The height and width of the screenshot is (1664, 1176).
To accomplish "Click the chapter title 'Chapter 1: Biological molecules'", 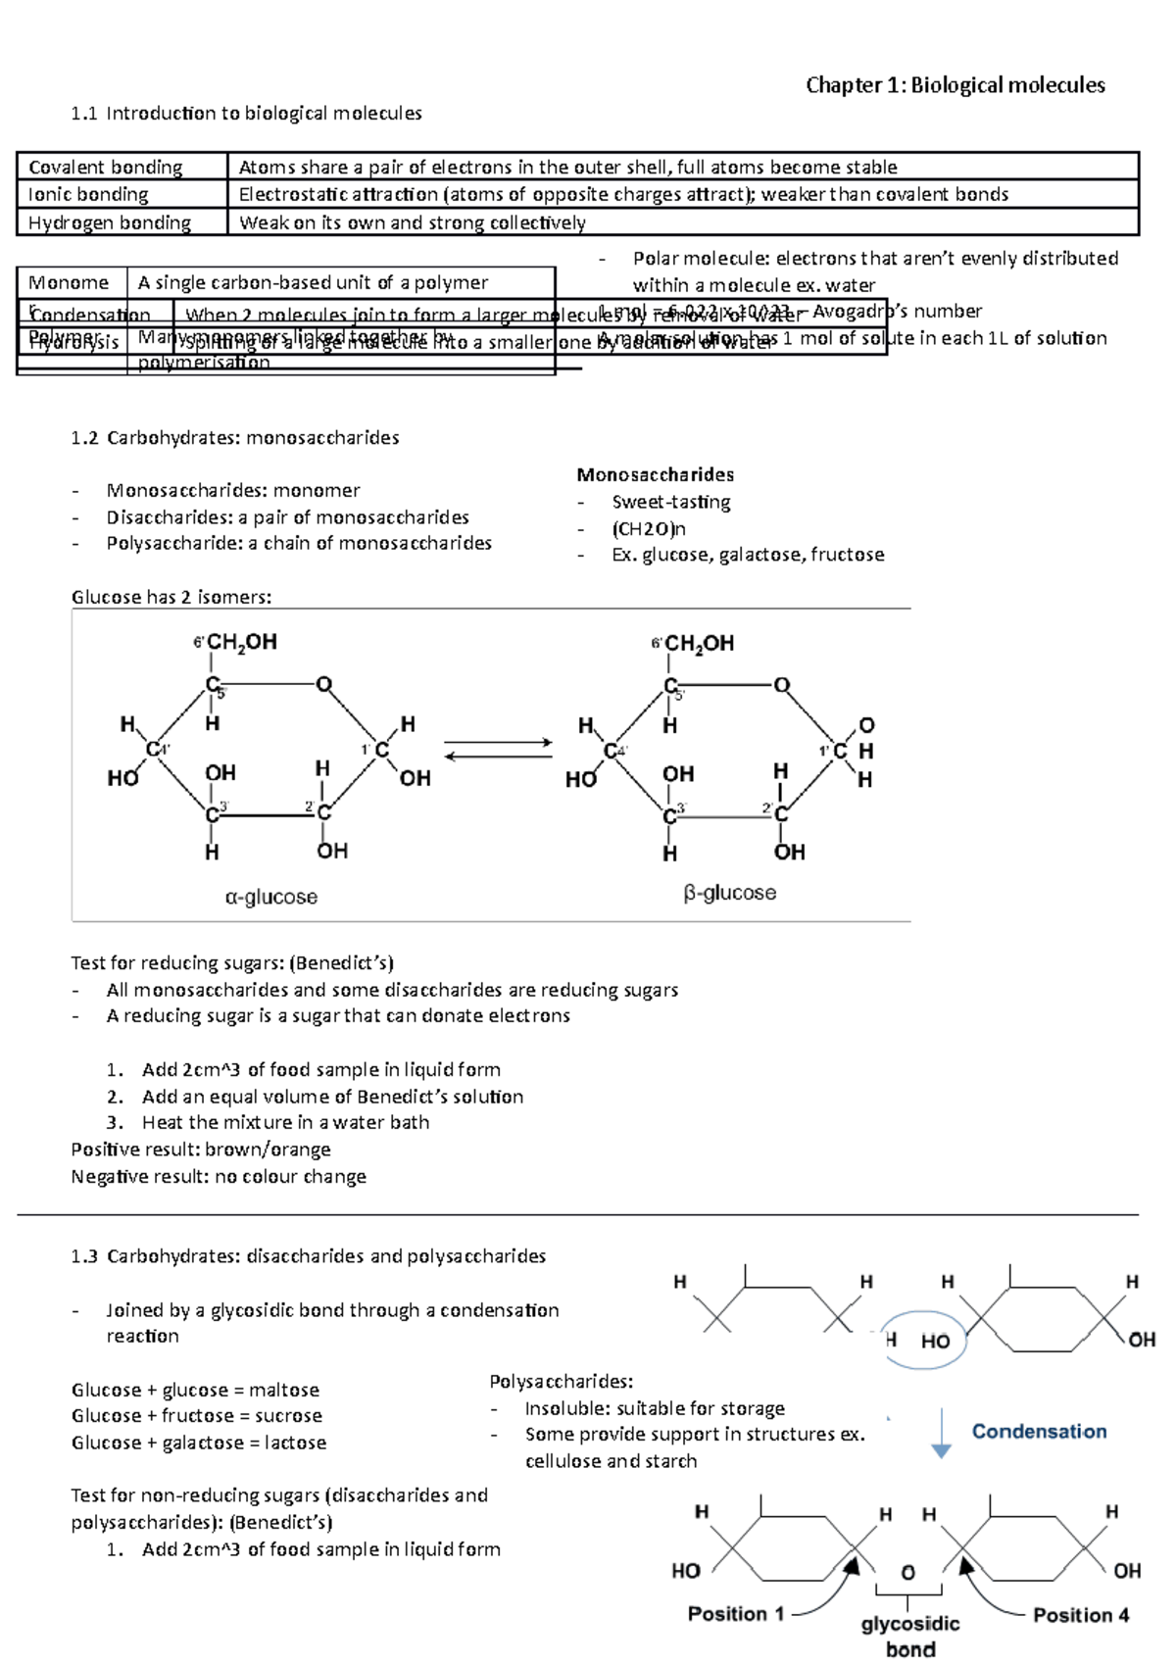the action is click(955, 85).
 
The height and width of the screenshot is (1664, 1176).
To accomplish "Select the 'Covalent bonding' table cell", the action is click(106, 168).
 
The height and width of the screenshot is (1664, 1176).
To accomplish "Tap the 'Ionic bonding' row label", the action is click(88, 195).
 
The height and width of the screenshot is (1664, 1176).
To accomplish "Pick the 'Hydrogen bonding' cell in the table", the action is click(110, 223).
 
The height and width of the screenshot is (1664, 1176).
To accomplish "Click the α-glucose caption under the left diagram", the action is click(271, 897).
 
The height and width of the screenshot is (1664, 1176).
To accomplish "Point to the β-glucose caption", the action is click(730, 893).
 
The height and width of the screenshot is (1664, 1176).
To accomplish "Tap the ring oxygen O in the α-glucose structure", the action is click(323, 684).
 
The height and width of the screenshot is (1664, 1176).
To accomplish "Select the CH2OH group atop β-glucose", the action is click(697, 644).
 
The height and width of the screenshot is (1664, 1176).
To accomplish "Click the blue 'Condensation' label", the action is click(1039, 1432).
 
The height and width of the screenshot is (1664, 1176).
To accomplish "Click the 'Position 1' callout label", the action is click(736, 1614).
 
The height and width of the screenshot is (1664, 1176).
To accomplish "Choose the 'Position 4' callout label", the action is click(1081, 1615).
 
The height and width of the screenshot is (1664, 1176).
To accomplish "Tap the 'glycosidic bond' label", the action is click(910, 1636).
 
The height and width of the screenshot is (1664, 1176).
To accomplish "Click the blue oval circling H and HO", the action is click(924, 1340).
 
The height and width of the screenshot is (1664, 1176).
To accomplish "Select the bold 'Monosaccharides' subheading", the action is click(655, 475).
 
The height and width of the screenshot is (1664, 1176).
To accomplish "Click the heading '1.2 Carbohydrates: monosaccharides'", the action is click(235, 438).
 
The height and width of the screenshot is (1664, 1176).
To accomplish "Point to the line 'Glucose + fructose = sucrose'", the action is click(197, 1416).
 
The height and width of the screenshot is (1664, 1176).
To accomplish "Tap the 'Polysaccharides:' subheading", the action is click(562, 1382).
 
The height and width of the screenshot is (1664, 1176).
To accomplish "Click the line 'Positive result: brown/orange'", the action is click(201, 1150).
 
